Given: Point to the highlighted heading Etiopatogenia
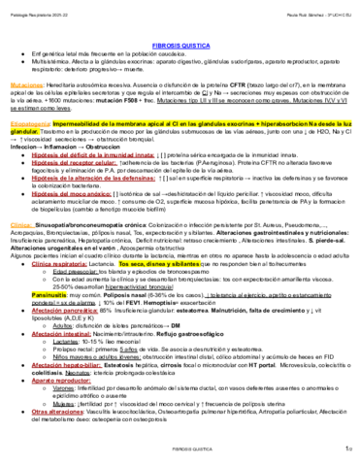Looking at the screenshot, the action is pos(32,127).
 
